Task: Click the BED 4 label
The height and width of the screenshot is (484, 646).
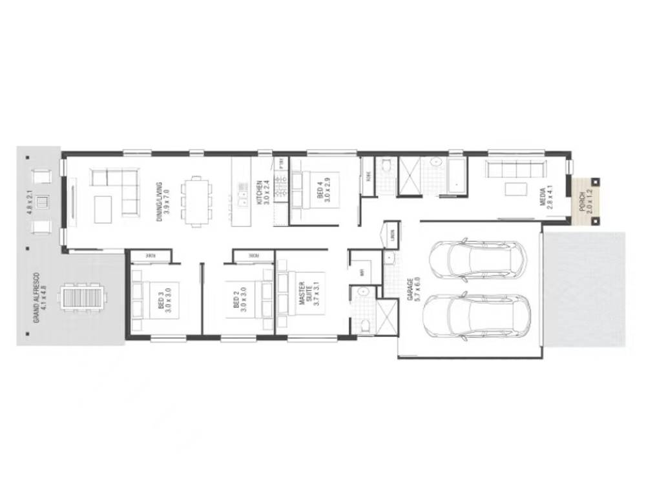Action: click(323, 191)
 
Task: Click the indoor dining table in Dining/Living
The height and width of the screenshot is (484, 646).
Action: click(196, 201)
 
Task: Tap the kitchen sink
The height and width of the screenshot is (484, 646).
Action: click(243, 194)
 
